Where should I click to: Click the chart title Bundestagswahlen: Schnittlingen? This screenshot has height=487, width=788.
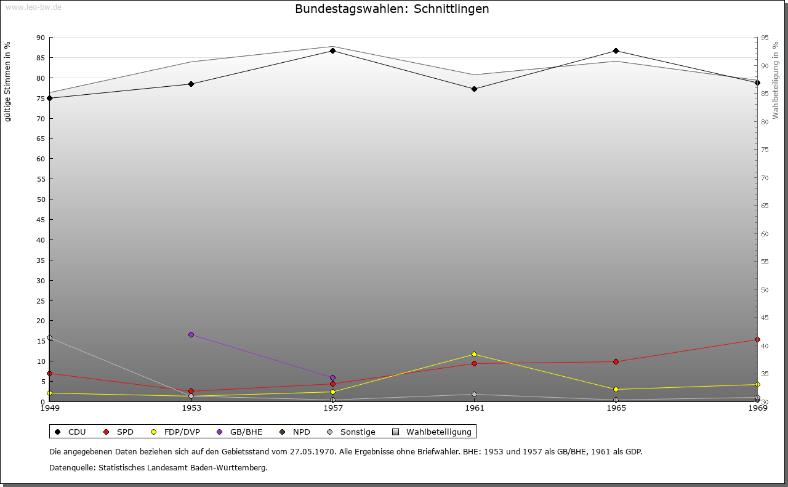392,9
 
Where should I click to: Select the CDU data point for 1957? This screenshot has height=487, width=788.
332,50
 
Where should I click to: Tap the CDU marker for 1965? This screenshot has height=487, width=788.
616,50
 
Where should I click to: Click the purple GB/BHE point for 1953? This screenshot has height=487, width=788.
191,334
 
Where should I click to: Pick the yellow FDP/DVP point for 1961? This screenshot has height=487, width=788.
474,354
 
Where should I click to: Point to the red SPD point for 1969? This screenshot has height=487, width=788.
757,339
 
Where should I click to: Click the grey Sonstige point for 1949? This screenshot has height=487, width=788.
49,337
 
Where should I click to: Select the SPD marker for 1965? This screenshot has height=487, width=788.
616,361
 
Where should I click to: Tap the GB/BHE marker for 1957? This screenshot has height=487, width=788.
332,377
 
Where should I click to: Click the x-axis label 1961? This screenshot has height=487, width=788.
474,408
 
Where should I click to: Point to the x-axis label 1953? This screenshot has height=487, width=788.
191,408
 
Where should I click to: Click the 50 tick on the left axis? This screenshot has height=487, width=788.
41,199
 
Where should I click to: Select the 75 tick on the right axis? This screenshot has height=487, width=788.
765,150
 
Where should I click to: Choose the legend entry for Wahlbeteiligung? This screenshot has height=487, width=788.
432,432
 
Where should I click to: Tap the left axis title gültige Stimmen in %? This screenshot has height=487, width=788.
8,81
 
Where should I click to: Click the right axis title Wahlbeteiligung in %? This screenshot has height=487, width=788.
776,80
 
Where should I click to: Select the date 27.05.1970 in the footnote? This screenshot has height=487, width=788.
313,451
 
